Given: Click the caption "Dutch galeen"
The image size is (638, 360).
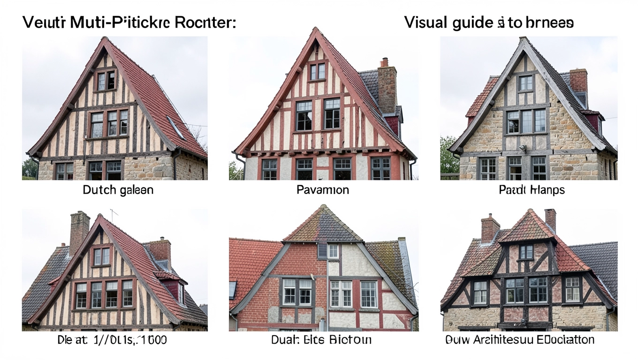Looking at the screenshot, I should (118, 190).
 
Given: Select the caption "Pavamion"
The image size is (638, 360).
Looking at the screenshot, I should (322, 190).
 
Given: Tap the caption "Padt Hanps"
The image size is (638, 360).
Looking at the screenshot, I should (532, 190).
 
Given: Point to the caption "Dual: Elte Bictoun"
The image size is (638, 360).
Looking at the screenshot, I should (321, 339).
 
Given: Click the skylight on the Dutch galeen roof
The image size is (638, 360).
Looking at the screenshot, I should (175, 127).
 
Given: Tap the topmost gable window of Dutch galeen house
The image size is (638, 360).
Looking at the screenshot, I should (106, 80).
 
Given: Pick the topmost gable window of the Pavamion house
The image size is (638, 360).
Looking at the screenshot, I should (318, 71).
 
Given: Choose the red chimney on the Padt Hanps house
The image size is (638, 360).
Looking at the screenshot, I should (578, 81).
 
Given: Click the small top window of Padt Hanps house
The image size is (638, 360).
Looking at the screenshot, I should (525, 83).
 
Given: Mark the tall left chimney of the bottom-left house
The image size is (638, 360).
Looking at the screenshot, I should (79, 232).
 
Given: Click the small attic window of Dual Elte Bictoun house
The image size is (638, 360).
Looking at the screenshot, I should (333, 251).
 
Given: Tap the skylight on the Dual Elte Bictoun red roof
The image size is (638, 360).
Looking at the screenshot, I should (233, 290).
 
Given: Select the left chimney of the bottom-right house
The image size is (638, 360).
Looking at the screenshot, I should (490, 228).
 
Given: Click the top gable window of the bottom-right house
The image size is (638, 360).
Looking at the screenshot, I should (526, 252).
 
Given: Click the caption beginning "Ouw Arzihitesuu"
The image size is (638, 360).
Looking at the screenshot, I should (519, 339).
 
